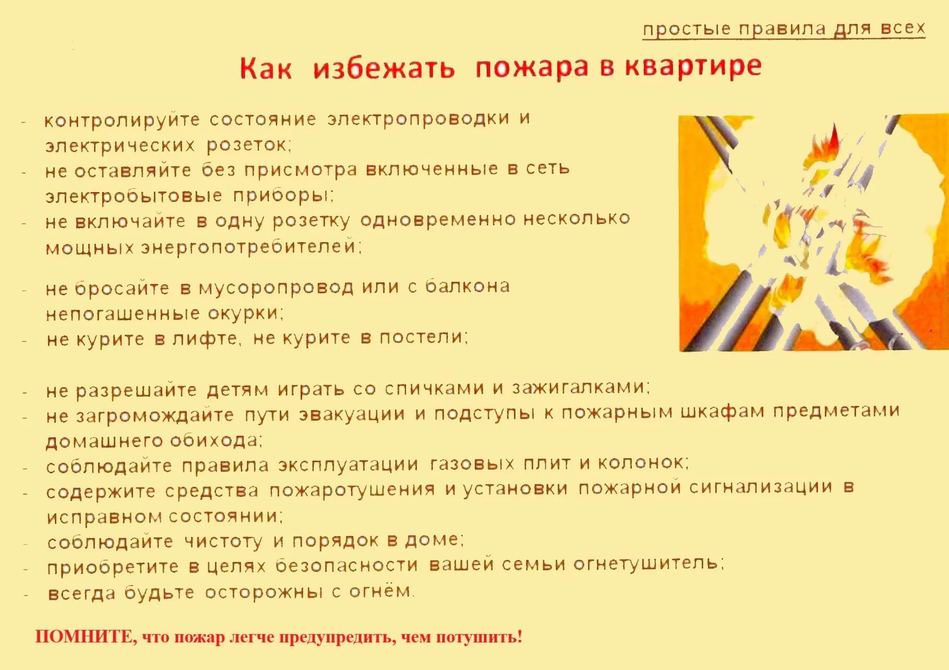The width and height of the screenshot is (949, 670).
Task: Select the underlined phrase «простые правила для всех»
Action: click(784, 28)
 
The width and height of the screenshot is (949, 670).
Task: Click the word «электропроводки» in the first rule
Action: click(418, 119)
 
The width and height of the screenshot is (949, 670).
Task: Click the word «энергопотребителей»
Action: click(251, 246)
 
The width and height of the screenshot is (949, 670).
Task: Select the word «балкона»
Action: click(467, 286)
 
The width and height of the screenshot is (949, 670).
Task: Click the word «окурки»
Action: click(245, 313)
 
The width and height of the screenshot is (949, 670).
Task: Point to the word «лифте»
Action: click(207, 339)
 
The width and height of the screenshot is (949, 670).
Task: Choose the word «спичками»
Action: click(435, 389)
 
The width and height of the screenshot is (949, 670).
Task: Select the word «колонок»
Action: click(642, 462)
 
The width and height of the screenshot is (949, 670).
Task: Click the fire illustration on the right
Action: click(813, 233)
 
